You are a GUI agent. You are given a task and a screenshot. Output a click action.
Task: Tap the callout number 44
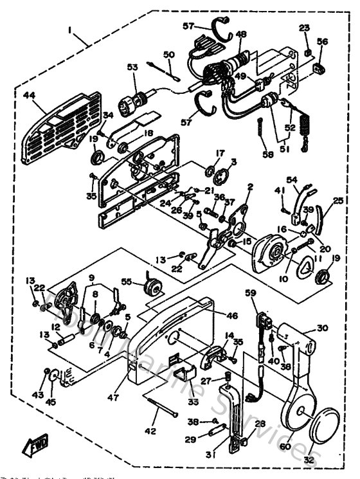[30, 95]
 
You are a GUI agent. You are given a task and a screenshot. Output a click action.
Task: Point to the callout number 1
[76, 30]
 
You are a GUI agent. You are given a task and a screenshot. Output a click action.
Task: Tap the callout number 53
[132, 67]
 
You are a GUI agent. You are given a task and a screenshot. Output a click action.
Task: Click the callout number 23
[304, 28]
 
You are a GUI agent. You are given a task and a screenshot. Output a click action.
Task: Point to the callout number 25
[338, 202]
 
